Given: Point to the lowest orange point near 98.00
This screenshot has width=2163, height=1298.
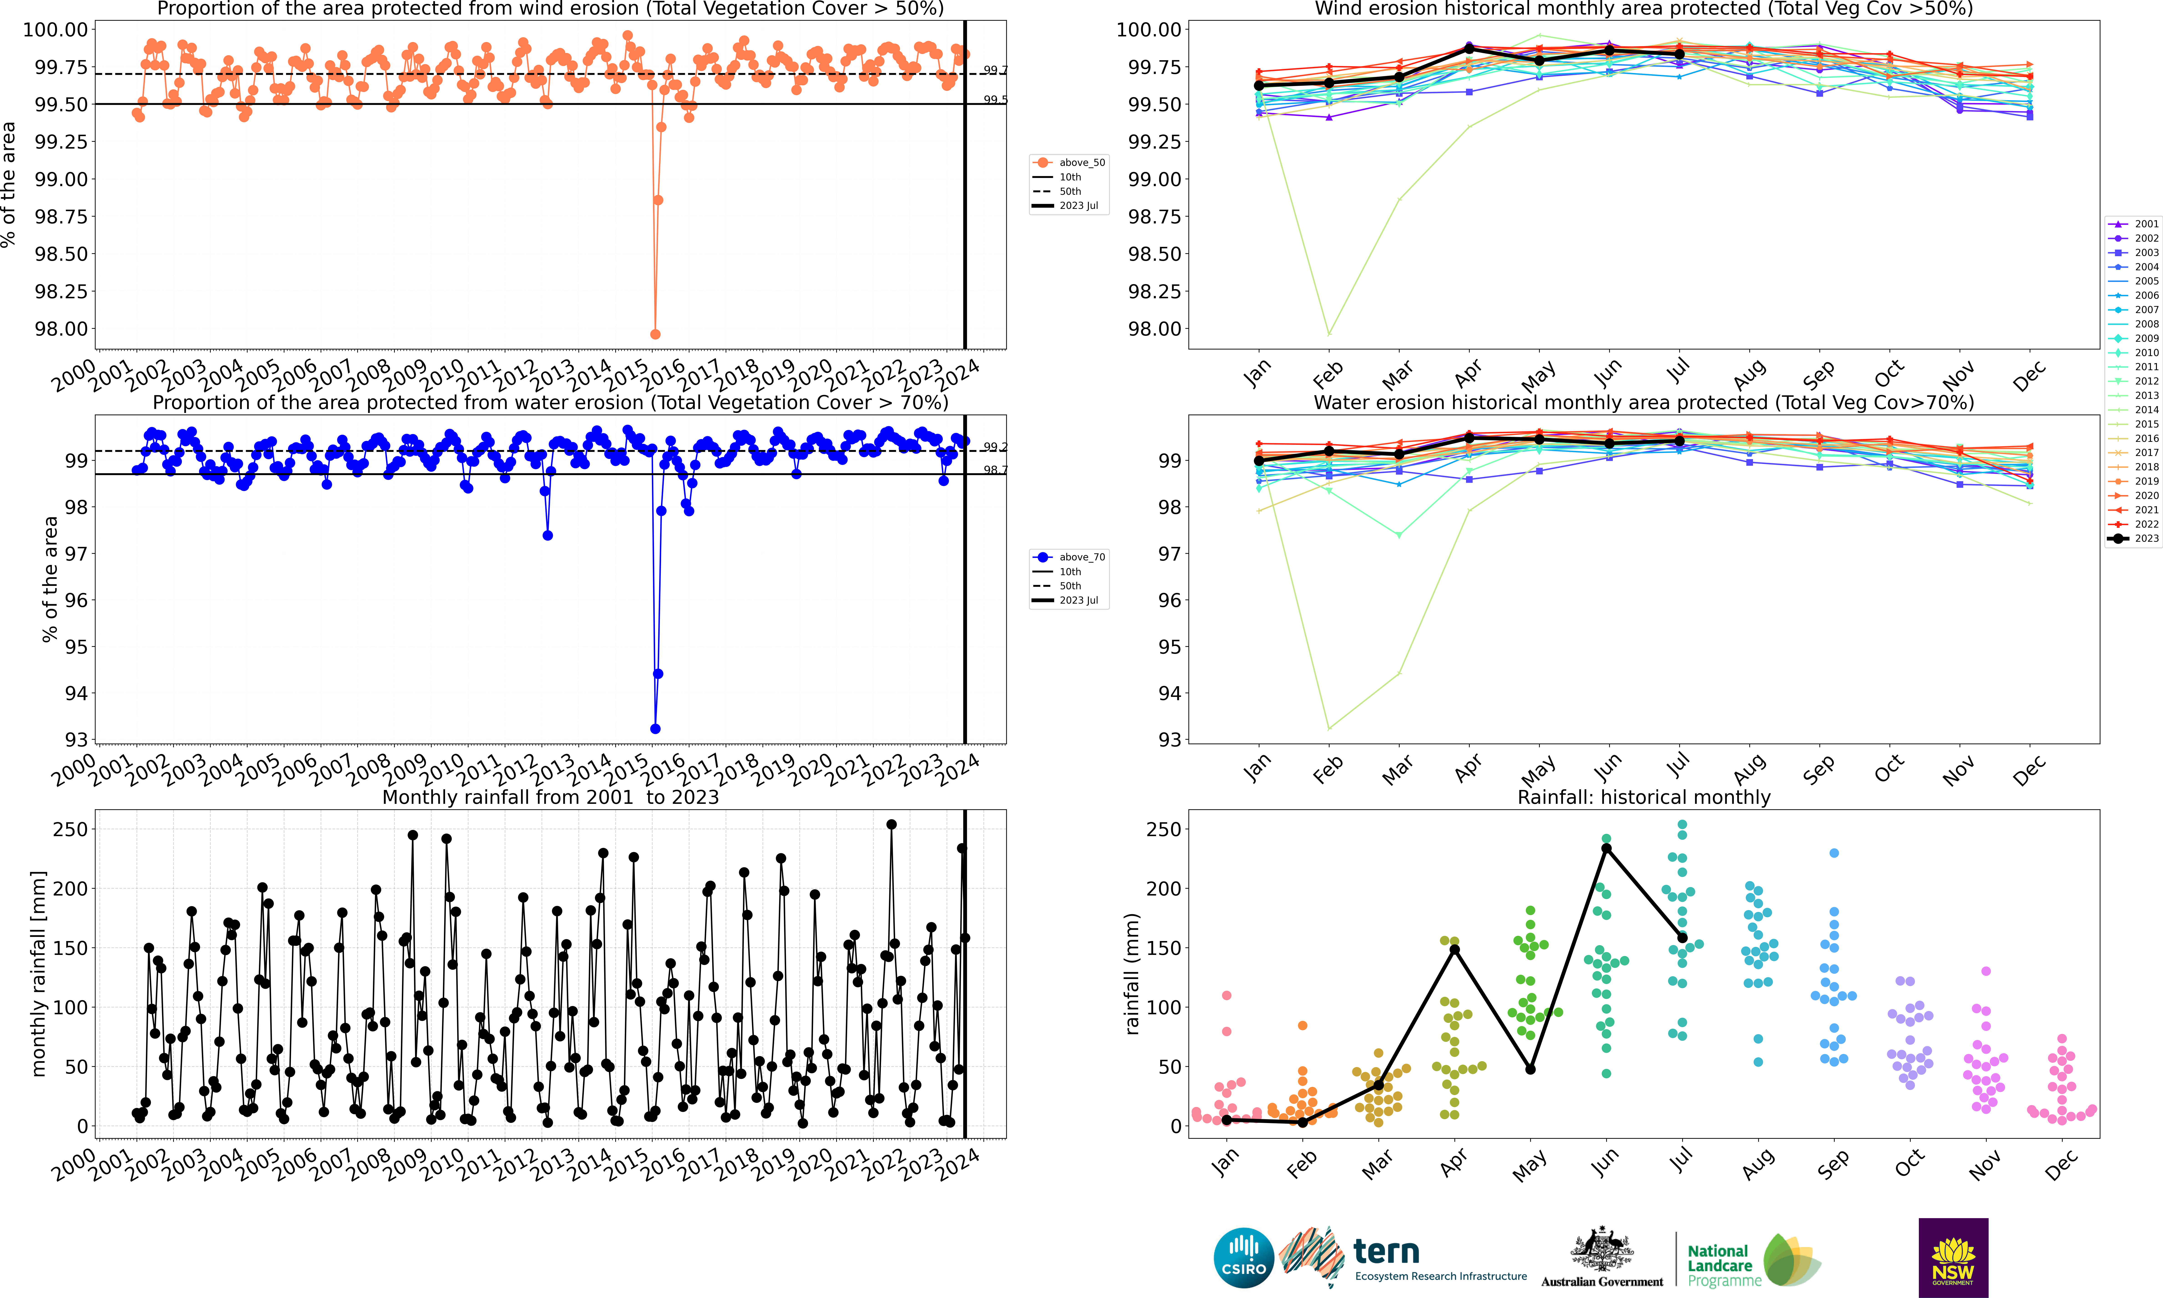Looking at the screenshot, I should coord(655,334).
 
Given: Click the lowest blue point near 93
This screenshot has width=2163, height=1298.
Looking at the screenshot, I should coord(655,729).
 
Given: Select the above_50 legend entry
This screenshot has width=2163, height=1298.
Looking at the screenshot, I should coord(1069,163).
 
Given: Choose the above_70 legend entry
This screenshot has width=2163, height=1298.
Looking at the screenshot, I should coord(1069,557).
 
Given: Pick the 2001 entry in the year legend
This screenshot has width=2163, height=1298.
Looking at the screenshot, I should coord(2134,224).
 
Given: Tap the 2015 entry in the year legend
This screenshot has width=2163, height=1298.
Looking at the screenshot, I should coord(2134,424).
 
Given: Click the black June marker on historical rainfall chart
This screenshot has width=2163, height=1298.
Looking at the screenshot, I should coord(1606,848).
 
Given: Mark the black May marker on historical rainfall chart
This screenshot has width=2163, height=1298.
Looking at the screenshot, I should coord(1530,1069).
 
